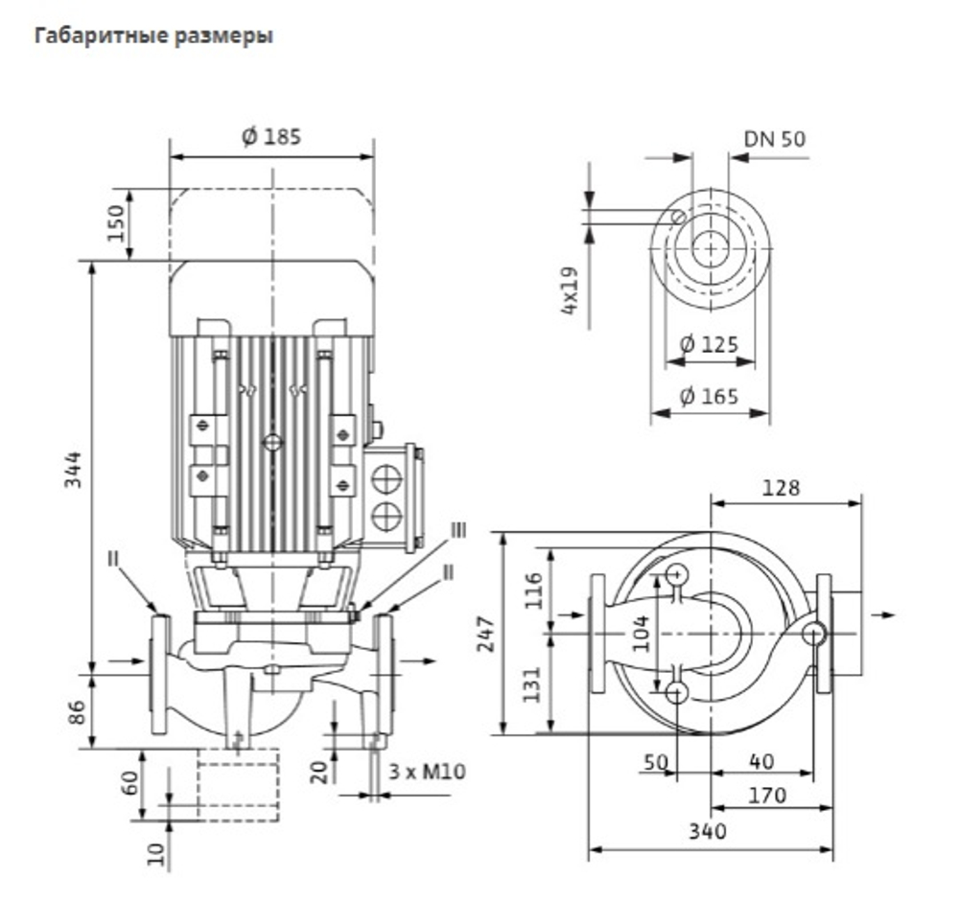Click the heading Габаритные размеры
[153, 36]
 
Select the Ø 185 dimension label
[271, 136]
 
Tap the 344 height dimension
[73, 469]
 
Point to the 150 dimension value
[116, 222]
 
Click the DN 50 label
[774, 139]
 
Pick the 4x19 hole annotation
[569, 290]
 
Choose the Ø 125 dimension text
[709, 344]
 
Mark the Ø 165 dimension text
[709, 396]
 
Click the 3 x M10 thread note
[427, 771]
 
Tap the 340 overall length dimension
[708, 831]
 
